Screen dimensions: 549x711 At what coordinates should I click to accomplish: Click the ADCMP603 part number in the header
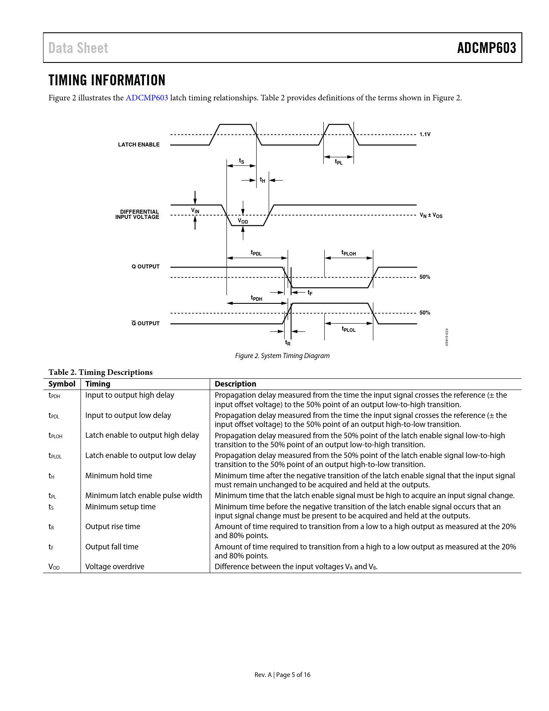point(486,48)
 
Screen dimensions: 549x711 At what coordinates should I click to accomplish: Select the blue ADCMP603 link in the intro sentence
point(146,98)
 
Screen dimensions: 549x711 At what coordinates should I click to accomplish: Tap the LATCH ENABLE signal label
point(139,145)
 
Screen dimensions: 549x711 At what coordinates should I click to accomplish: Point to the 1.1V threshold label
point(425,134)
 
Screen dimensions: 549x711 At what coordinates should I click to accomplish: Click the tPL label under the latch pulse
point(339,162)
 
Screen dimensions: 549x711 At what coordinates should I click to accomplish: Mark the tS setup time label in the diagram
point(241,161)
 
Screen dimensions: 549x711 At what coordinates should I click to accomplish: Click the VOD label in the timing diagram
point(242,221)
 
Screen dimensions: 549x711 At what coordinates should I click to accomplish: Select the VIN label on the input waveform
point(195,210)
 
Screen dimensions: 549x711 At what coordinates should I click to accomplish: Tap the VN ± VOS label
point(431,215)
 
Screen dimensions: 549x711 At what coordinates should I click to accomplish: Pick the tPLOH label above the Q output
point(348,253)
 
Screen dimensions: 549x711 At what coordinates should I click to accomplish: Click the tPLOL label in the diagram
point(348,329)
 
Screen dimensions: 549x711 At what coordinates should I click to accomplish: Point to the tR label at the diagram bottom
point(288,343)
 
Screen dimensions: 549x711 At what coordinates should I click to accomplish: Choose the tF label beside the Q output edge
point(310,293)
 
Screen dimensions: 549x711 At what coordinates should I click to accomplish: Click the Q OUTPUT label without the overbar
point(146,267)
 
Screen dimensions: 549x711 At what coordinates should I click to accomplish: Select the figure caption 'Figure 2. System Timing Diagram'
point(282,355)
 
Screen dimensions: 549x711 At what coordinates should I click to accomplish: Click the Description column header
point(236,384)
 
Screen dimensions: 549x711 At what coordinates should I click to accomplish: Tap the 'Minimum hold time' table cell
point(119,475)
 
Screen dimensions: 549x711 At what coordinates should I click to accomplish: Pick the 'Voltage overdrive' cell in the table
point(115,566)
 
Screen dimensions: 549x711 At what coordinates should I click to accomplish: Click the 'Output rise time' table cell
point(113,527)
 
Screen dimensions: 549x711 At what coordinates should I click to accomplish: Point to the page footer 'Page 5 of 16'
point(293,675)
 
